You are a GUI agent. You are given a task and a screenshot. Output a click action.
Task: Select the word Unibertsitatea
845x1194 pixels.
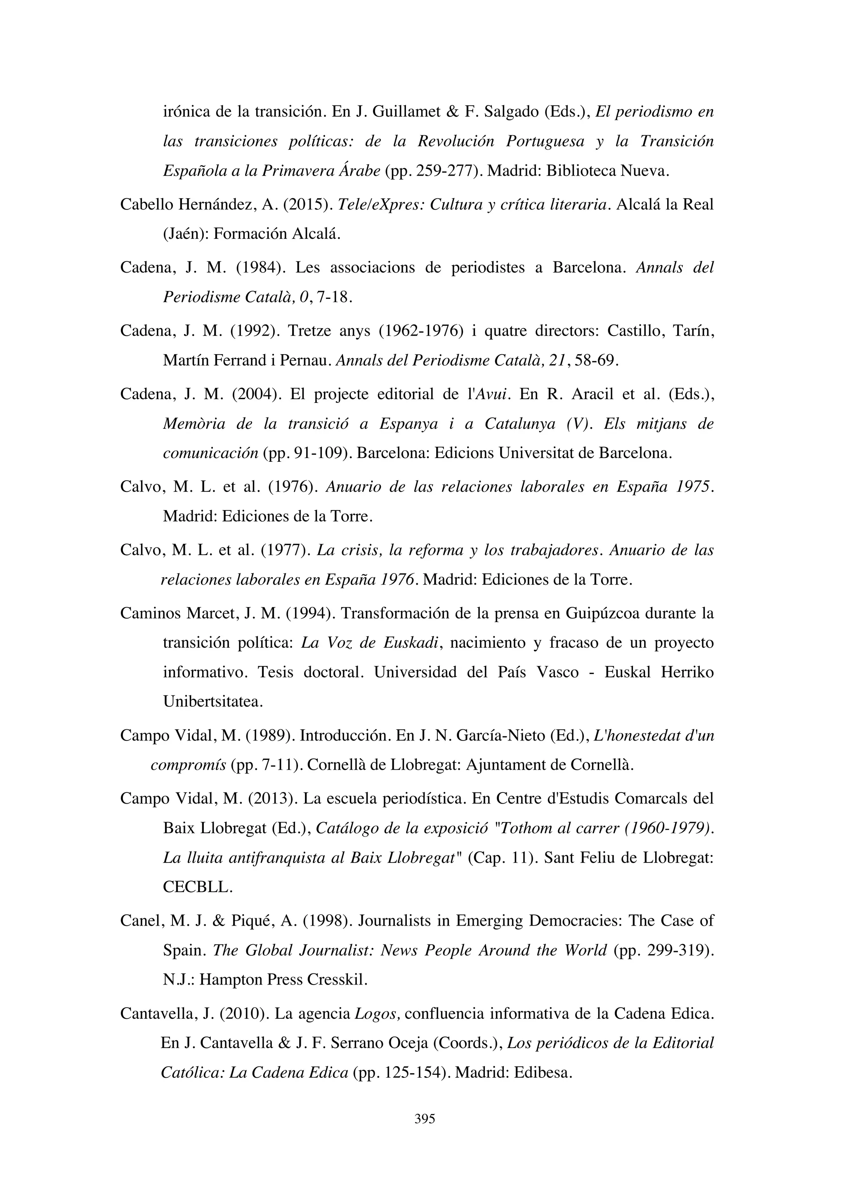[213, 702]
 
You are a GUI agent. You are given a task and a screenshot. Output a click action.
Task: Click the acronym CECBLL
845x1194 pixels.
[197, 887]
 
